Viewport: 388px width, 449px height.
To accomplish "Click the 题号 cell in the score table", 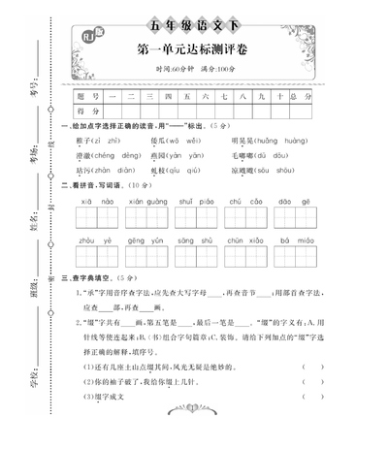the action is click(x=89, y=98).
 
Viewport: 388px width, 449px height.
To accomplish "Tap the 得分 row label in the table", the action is click(x=89, y=112).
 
